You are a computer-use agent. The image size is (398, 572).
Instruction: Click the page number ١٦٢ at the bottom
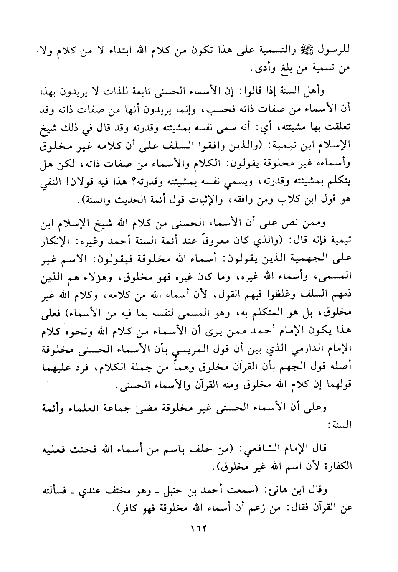[199, 529]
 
